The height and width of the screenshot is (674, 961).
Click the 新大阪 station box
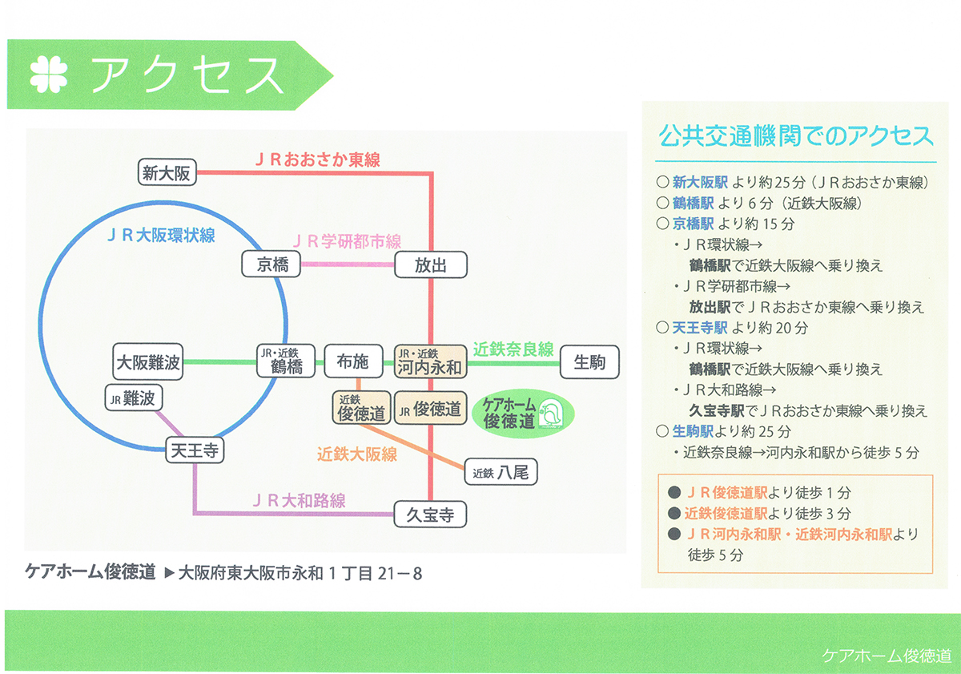click(167, 172)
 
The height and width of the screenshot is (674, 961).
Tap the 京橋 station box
click(271, 264)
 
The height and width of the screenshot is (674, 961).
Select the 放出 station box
click(431, 265)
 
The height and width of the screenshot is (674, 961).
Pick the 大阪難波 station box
click(148, 361)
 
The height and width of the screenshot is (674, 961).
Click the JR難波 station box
click(134, 398)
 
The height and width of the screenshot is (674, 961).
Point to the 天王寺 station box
click(195, 450)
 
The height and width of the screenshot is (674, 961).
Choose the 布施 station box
click(353, 361)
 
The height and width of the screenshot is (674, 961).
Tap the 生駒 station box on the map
click(589, 362)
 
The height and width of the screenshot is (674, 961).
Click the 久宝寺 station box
click(430, 515)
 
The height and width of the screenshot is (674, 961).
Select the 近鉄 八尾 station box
click(501, 472)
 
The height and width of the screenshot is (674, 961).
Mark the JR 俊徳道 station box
click(430, 408)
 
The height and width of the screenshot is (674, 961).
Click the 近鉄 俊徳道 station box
click(362, 408)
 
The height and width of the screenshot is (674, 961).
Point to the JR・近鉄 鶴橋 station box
click(286, 361)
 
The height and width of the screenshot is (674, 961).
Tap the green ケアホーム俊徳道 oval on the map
click(522, 414)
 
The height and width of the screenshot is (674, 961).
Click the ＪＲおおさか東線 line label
click(317, 159)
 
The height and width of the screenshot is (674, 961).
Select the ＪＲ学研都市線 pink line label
click(347, 241)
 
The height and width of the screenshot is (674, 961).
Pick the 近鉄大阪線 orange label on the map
click(357, 454)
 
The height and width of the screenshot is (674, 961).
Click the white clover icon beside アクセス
click(49, 75)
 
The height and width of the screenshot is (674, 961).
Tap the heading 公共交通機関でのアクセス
click(796, 135)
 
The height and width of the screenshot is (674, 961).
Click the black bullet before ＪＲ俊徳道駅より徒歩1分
click(674, 492)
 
